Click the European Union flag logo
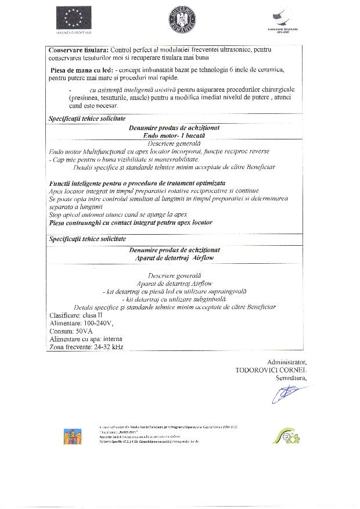[x=72, y=18]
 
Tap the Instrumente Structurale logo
[x=283, y=20]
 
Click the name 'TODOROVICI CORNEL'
[x=271, y=370]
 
